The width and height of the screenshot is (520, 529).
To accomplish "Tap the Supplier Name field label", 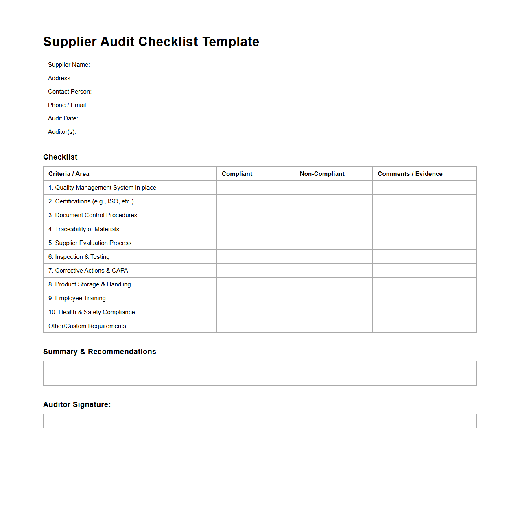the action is click(69, 65).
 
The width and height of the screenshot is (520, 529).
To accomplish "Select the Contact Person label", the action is click(70, 92).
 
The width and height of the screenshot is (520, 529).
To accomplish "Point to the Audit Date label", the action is click(63, 118).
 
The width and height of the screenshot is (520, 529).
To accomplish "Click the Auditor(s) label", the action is click(62, 132).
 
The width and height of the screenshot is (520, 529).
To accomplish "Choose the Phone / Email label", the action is click(68, 105).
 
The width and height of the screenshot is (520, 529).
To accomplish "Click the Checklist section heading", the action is click(60, 157).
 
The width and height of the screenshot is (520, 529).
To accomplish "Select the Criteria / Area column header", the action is click(69, 174).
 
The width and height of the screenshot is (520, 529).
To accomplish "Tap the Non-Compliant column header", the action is click(322, 174).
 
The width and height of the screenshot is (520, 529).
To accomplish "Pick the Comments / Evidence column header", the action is click(410, 174).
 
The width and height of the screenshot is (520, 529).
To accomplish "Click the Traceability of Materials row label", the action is click(84, 229).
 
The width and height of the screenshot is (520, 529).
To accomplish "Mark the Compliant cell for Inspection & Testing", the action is click(256, 257).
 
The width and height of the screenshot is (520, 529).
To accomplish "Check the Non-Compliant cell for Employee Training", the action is click(333, 298).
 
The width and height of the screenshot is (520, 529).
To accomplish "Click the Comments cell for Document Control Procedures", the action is click(424, 215).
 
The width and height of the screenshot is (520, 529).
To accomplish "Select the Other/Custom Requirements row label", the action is click(87, 326).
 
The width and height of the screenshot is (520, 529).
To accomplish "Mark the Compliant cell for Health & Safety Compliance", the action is click(256, 312).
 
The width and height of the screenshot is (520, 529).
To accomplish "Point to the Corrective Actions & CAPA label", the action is click(88, 271).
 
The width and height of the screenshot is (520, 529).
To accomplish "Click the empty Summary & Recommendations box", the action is click(260, 373).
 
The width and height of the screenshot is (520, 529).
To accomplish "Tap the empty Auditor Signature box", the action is click(260, 421).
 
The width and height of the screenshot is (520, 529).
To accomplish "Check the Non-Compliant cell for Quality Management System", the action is click(333, 188).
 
